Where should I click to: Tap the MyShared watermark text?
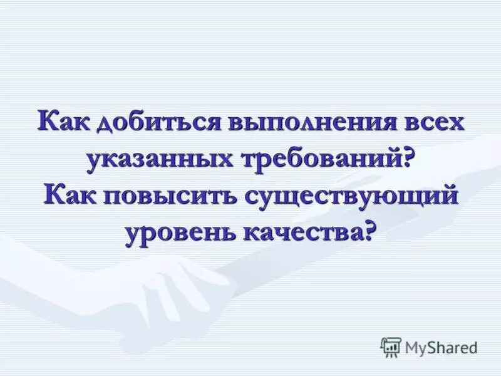point(440,346)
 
